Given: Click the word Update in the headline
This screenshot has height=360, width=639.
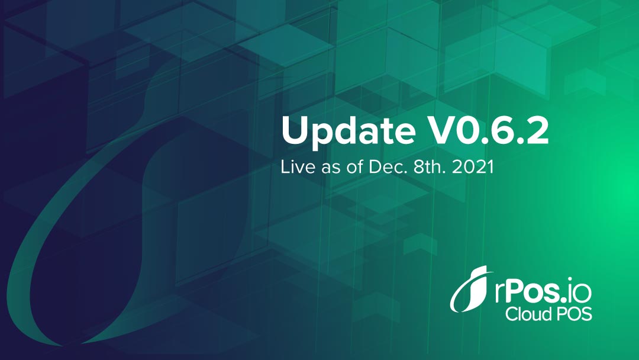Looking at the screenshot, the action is point(348,130).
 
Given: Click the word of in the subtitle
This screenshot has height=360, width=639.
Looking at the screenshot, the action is point(354,167).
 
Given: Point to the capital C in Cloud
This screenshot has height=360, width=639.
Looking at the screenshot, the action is point(512,314).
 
